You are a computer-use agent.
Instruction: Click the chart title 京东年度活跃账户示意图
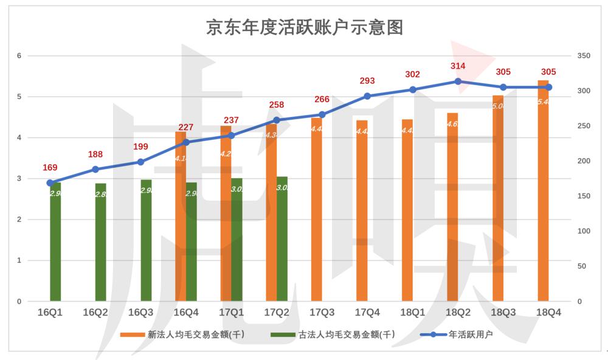coord(305,27)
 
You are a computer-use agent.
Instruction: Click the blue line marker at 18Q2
coord(458,81)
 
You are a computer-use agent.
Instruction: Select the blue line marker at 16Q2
coord(95,169)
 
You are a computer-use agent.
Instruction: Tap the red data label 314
coord(458,66)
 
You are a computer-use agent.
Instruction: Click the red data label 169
coord(50,167)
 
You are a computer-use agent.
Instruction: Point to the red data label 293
coord(367,81)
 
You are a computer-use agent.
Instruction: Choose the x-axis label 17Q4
coord(367,312)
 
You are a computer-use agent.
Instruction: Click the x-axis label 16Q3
coord(140,312)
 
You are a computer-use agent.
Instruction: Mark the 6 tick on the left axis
coord(19,56)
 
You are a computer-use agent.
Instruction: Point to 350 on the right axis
coord(583,56)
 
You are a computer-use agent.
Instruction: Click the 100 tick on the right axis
coord(583,231)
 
